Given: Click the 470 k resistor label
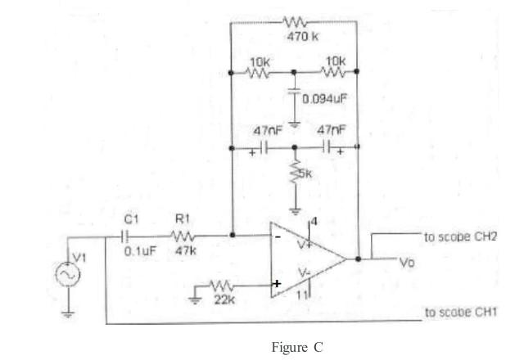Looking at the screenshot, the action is pyautogui.click(x=302, y=36).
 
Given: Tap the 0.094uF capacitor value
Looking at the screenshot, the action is pyautogui.click(x=325, y=98).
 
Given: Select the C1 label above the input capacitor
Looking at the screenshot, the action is pyautogui.click(x=131, y=219).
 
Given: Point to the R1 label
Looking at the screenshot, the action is pyautogui.click(x=183, y=219).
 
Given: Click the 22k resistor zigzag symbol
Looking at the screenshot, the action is pyautogui.click(x=222, y=286).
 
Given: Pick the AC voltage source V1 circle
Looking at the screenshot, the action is pyautogui.click(x=68, y=275).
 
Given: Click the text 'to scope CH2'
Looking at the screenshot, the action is pyautogui.click(x=460, y=236).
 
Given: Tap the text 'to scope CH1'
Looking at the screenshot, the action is pyautogui.click(x=461, y=313).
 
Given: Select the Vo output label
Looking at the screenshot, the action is pyautogui.click(x=408, y=263).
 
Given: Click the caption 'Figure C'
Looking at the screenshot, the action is pyautogui.click(x=297, y=347).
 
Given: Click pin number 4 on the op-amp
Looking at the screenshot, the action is pyautogui.click(x=314, y=222).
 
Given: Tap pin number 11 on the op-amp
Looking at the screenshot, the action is pyautogui.click(x=302, y=295).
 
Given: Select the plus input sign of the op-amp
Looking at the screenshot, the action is pyautogui.click(x=277, y=284).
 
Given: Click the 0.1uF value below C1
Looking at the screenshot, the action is pyautogui.click(x=140, y=251).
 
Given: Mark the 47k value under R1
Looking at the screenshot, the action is pyautogui.click(x=186, y=250).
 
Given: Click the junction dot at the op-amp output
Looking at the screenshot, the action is pyautogui.click(x=358, y=259).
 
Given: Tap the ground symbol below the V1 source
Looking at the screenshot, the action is pyautogui.click(x=68, y=314).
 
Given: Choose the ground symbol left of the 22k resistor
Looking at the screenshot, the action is pyautogui.click(x=195, y=300).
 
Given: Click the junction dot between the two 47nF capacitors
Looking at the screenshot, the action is pyautogui.click(x=295, y=147).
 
